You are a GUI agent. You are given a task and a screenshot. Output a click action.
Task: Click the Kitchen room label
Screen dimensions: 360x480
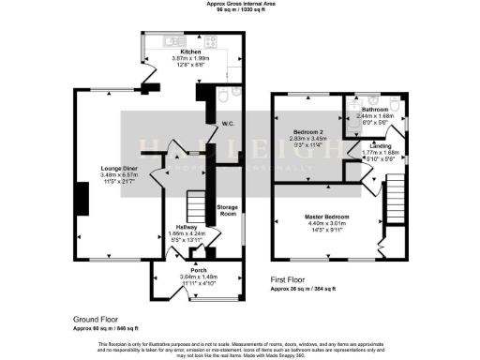click(x=190, y=52)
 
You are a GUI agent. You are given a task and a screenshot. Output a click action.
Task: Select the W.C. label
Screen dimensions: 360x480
click(x=227, y=124)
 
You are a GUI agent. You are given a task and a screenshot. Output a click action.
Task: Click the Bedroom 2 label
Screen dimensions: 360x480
click(x=307, y=131)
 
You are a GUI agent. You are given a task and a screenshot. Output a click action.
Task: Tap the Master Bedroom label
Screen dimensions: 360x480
click(x=327, y=217)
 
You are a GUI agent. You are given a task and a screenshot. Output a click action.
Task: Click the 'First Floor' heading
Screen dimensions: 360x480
click(x=292, y=279)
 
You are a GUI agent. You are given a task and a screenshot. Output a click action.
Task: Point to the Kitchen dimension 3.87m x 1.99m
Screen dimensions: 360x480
click(x=190, y=59)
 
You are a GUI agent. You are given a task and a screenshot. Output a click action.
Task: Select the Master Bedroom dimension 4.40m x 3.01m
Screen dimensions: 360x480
click(x=327, y=224)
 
